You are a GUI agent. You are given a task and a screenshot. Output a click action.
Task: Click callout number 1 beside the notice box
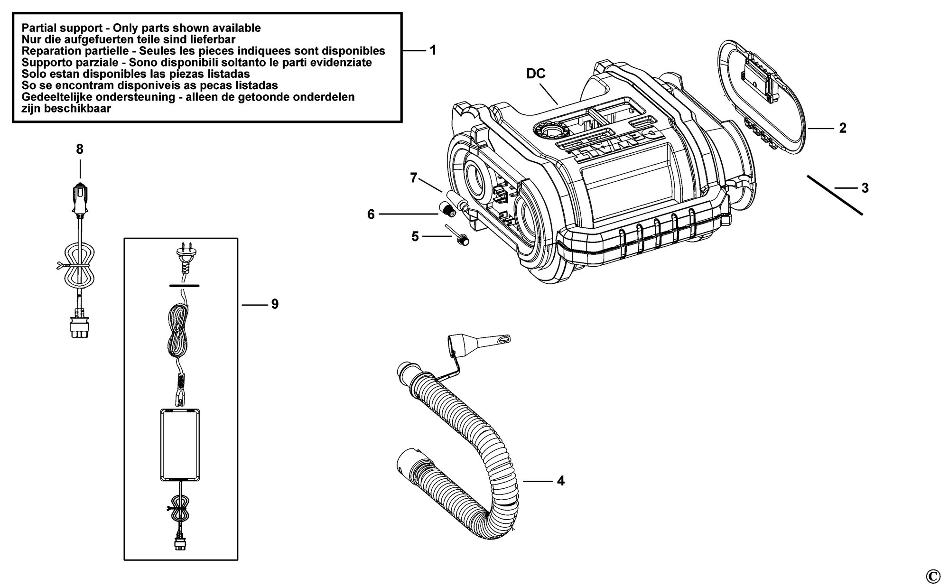[x=433, y=50]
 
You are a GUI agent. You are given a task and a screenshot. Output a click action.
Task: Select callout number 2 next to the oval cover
[x=843, y=128]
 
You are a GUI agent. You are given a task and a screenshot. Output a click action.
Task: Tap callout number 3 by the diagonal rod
[x=865, y=188]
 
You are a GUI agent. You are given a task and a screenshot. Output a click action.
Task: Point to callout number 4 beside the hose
[x=560, y=481]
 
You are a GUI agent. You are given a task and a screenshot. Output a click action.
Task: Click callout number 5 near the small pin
[x=415, y=236]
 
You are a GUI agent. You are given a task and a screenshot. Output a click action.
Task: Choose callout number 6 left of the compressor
[x=371, y=214]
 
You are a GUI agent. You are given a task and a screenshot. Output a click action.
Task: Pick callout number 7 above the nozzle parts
[x=414, y=178]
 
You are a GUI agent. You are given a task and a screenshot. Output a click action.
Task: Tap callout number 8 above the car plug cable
[x=80, y=149]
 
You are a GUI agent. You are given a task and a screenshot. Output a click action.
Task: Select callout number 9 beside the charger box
[x=275, y=304]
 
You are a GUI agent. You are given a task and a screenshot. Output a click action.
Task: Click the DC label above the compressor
[x=536, y=74]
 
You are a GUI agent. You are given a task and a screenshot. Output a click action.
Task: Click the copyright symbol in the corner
[x=933, y=576]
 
